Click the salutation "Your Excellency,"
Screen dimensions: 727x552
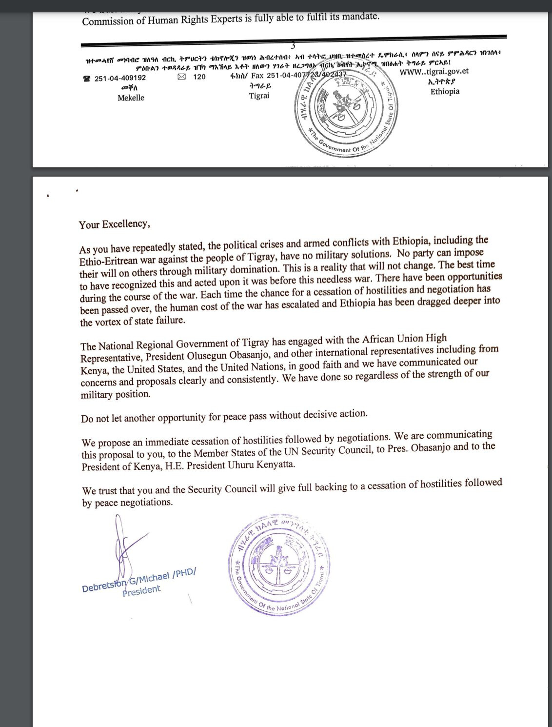[114, 224]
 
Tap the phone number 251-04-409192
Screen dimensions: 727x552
[120, 78]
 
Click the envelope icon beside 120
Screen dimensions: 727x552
[181, 77]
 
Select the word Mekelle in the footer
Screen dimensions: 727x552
[131, 98]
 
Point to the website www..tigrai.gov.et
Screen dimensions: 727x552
[434, 72]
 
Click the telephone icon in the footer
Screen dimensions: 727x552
[87, 78]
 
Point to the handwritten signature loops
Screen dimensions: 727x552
[122, 546]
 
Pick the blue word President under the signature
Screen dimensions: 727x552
[141, 591]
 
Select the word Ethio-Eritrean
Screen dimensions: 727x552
[109, 261]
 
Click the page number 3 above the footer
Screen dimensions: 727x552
[293, 46]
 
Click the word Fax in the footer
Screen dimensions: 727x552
[257, 76]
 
